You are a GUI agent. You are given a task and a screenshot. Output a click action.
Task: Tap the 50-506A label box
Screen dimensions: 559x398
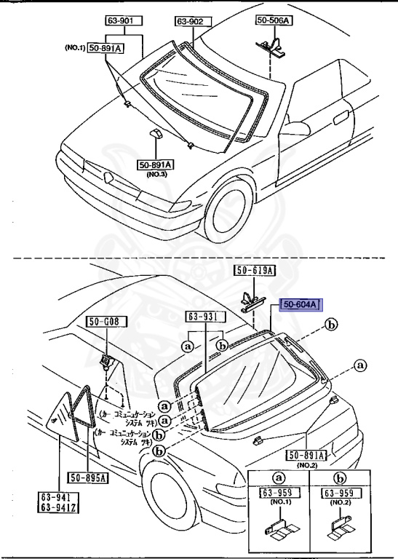[273, 21]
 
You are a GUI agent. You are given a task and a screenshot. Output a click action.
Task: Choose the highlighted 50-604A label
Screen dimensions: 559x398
[301, 304]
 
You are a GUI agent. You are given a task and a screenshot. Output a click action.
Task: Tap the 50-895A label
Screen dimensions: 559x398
[89, 477]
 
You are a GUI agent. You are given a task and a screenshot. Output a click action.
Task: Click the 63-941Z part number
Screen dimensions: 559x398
[59, 509]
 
